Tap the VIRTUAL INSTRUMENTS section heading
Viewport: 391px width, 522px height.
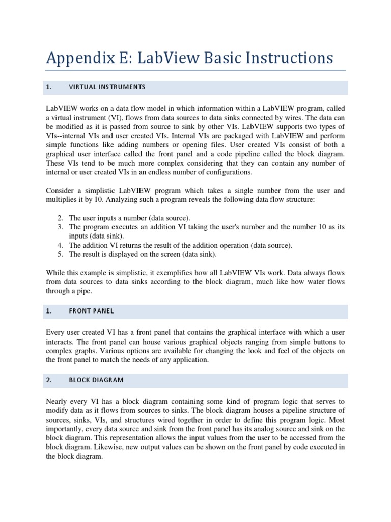[x=107, y=87]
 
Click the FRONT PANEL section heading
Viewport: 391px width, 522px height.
[x=91, y=311]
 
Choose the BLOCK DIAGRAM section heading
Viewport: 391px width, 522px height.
[x=96, y=380]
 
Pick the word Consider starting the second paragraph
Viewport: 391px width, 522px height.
[x=60, y=191]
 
